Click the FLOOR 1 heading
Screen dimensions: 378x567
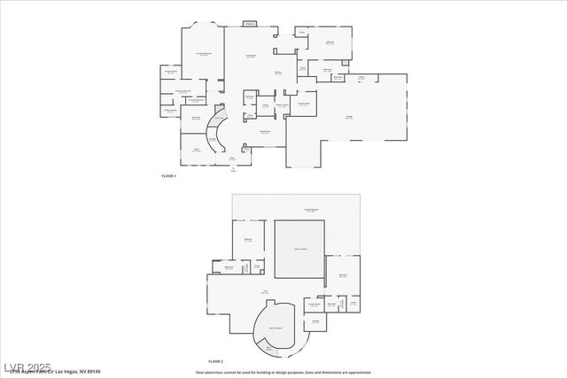point(168,177)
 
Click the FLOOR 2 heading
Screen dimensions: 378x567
point(215,361)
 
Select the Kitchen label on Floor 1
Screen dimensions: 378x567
point(278,73)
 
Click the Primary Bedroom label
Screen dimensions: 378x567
point(203,54)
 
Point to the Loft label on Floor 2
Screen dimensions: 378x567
point(264,291)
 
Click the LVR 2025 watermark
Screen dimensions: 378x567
point(27,366)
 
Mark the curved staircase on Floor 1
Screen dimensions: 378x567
point(214,137)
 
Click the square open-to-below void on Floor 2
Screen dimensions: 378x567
point(300,249)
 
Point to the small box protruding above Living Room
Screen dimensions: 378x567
point(249,23)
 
